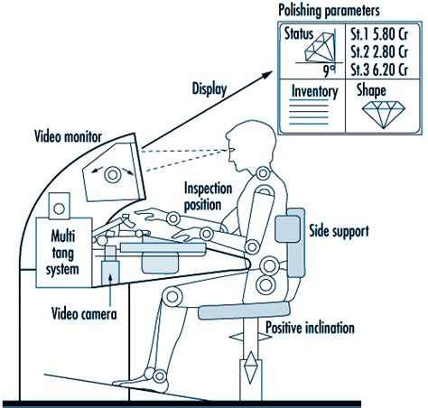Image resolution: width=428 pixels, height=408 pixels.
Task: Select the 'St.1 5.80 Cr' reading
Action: pyautogui.click(x=378, y=35)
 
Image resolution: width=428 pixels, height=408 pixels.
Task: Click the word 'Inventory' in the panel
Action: pyautogui.click(x=313, y=91)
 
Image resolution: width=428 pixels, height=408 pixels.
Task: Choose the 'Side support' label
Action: pyautogui.click(x=339, y=231)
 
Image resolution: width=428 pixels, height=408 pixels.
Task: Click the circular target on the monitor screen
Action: pyautogui.click(x=114, y=173)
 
